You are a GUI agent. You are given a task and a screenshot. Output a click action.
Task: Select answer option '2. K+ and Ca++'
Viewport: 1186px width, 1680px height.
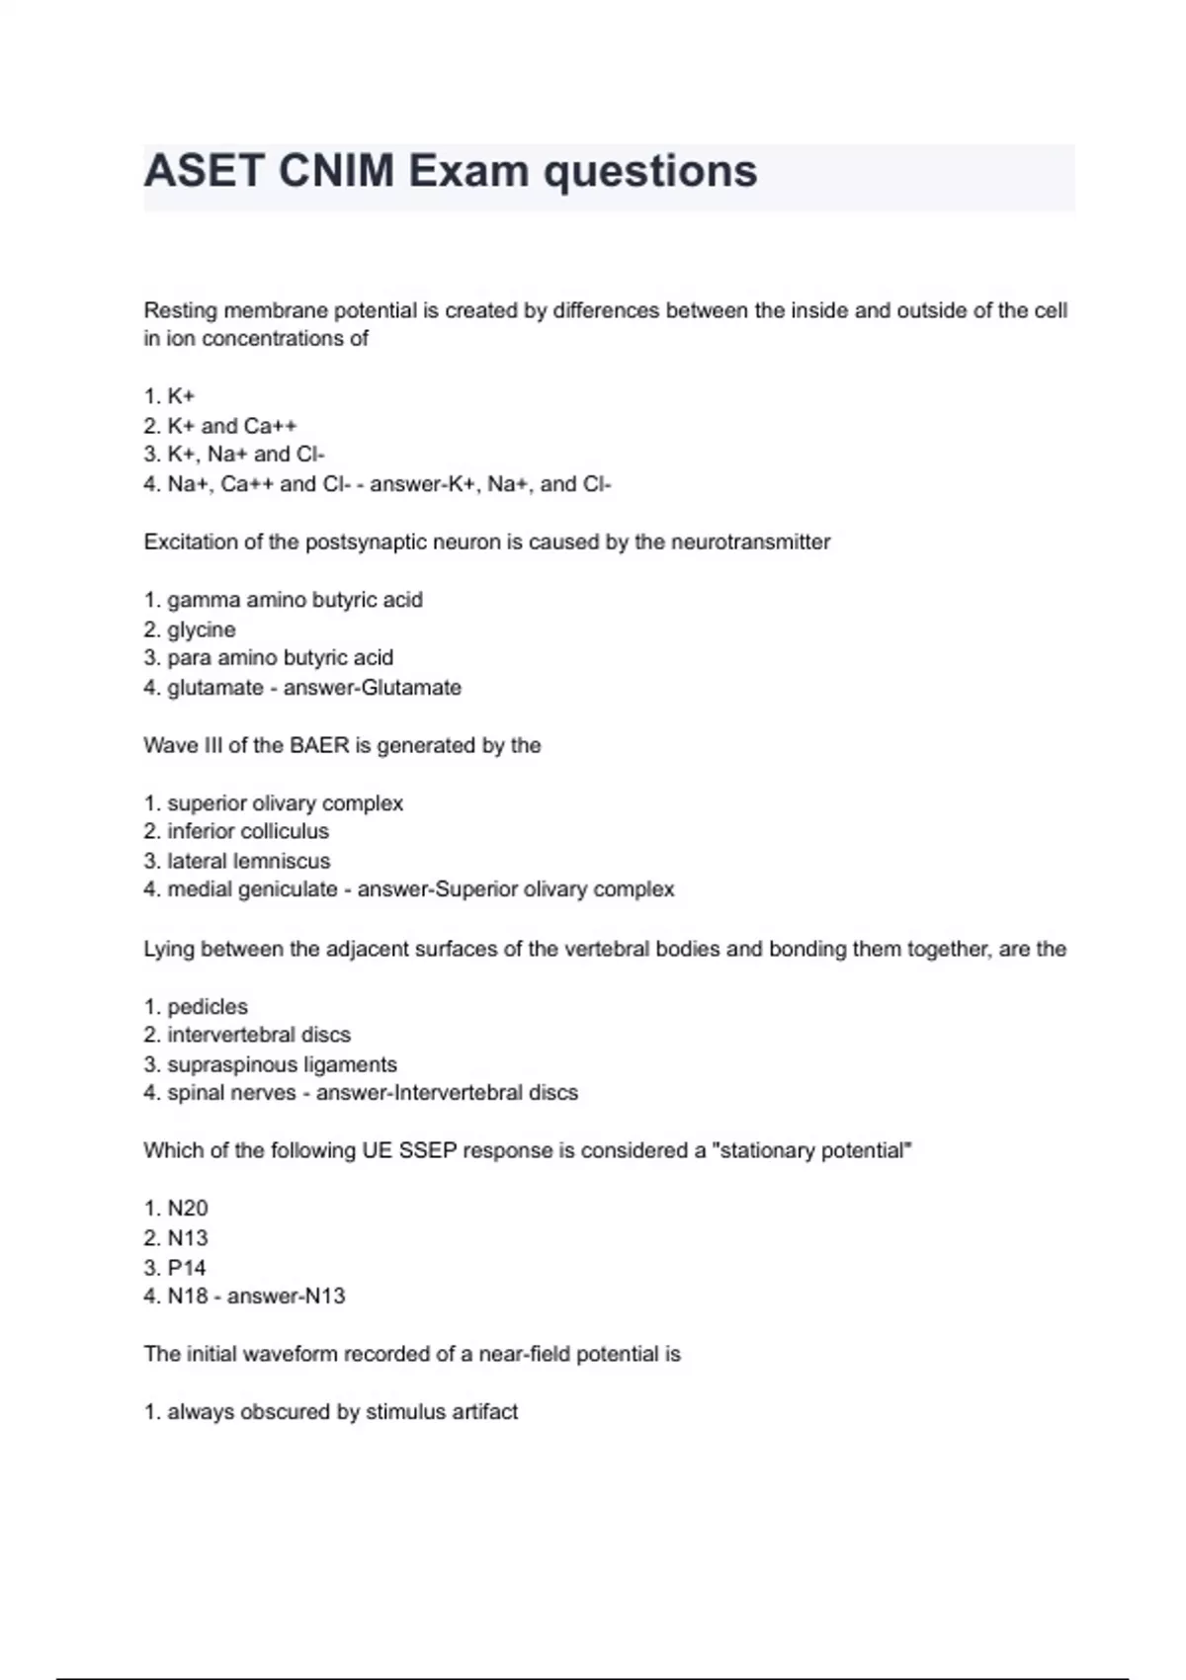tap(219, 426)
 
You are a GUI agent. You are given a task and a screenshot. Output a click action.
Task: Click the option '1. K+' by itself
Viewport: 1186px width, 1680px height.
tap(169, 396)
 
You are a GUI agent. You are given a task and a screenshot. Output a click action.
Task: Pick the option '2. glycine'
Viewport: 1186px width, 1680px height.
tap(190, 630)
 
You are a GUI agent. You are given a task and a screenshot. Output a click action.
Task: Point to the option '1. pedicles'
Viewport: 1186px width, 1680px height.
tap(196, 1007)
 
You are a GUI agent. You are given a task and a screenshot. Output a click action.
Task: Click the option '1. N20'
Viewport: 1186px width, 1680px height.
tap(176, 1209)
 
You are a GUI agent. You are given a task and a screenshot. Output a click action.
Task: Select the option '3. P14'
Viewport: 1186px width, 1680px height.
tap(175, 1267)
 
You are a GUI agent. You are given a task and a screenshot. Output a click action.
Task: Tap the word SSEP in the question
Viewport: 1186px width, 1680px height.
tap(428, 1150)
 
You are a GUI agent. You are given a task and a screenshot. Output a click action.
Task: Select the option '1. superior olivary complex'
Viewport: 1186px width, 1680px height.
tap(274, 803)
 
